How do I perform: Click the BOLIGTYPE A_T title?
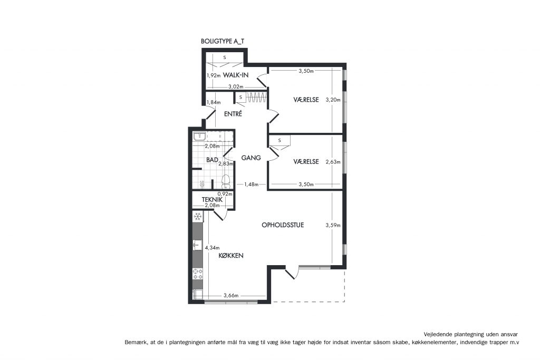pyautogui.click(x=223, y=41)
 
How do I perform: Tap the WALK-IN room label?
pyautogui.click(x=236, y=75)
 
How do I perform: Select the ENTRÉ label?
pyautogui.click(x=233, y=114)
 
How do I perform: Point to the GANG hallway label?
pyautogui.click(x=250, y=158)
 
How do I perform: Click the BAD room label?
pyautogui.click(x=212, y=160)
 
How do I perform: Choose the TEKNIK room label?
pyautogui.click(x=212, y=199)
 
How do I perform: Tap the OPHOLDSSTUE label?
pyautogui.click(x=283, y=225)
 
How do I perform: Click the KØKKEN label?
pyautogui.click(x=231, y=255)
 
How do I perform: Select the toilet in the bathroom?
pyautogui.click(x=226, y=181)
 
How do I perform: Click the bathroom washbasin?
pyautogui.click(x=200, y=137)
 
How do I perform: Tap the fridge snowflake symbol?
pyautogui.click(x=198, y=217)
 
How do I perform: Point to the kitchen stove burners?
pyautogui.click(x=198, y=274)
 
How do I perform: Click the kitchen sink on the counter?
pyautogui.click(x=198, y=245)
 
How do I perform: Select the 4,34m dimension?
pyautogui.click(x=212, y=247)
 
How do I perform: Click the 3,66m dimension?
pyautogui.click(x=231, y=295)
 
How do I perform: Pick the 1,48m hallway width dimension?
pyautogui.click(x=251, y=184)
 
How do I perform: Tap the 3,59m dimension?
pyautogui.click(x=333, y=226)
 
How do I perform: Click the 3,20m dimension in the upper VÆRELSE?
pyautogui.click(x=333, y=100)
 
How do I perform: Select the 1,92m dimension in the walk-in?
pyautogui.click(x=214, y=75)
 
